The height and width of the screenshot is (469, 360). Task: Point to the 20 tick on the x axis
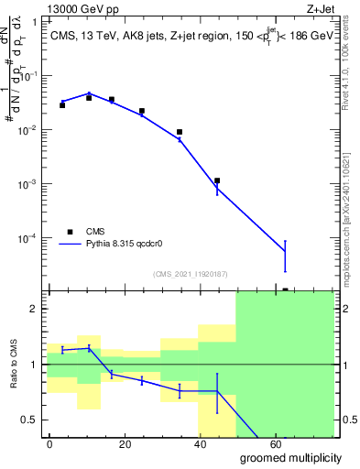(x=140, y=442)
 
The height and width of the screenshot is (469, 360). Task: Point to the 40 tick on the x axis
(x=233, y=442)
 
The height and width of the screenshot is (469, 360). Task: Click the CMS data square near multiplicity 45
(x=217, y=180)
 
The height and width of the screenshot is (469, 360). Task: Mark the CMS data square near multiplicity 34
(x=180, y=132)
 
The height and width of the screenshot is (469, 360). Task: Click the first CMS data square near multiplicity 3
(x=62, y=105)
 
